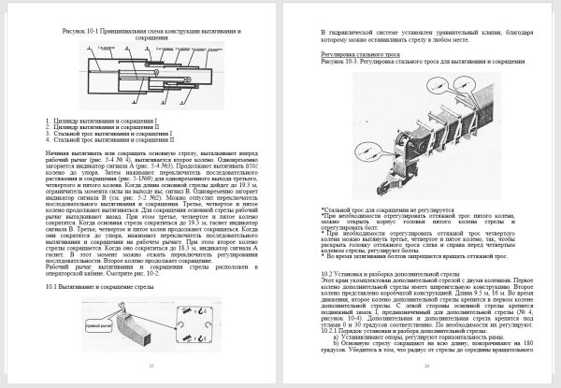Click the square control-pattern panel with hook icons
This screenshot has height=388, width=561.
point(194,324)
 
